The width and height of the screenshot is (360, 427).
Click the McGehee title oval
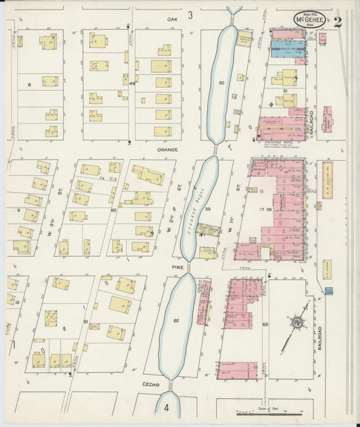point(309,20)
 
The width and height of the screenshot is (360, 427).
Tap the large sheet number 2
point(337,21)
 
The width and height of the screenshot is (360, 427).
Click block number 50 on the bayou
point(221,82)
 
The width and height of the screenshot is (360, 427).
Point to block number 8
point(29,84)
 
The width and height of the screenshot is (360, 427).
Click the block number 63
point(265,324)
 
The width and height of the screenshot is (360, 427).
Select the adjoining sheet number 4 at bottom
point(166,407)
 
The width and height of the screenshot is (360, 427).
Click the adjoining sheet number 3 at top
point(190,14)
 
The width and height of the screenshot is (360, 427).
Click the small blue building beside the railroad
point(329,291)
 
